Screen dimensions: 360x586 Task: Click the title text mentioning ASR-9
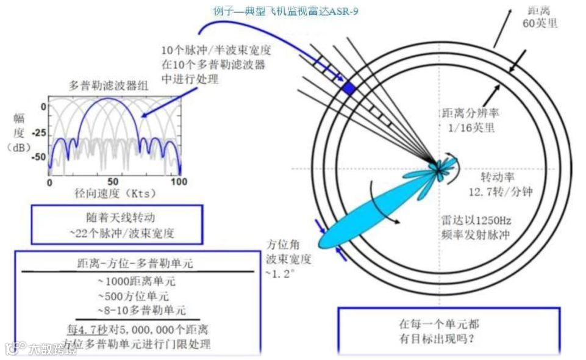285,11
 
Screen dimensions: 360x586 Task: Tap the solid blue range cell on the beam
348,88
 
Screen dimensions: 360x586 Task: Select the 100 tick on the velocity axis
179,182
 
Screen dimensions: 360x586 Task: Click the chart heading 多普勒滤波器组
109,86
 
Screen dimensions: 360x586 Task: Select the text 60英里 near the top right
540,24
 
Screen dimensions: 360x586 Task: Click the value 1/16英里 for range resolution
468,128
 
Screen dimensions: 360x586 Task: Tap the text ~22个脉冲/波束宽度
116,232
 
